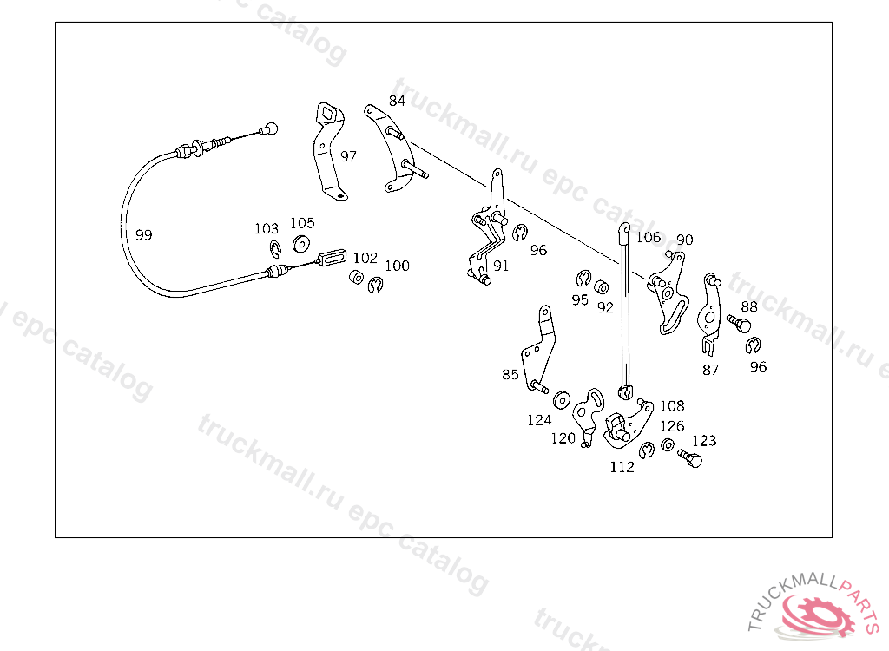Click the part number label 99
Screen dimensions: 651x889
click(143, 235)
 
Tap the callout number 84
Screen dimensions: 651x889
click(397, 101)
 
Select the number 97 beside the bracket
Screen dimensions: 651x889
click(348, 156)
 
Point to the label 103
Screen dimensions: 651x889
click(267, 229)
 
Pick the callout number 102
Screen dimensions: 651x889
click(365, 258)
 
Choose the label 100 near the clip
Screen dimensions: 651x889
click(397, 266)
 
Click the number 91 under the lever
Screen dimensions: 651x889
click(501, 266)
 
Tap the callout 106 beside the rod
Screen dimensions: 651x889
click(648, 237)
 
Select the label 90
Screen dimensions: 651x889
click(684, 240)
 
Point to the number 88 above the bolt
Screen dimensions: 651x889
click(748, 306)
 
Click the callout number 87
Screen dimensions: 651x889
click(710, 369)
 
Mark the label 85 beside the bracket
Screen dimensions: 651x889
click(510, 375)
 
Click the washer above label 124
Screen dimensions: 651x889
click(560, 399)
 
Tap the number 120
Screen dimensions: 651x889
click(563, 438)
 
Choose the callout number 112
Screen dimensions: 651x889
click(622, 467)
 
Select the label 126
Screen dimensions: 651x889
click(672, 426)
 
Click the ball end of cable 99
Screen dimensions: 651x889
click(271, 128)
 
